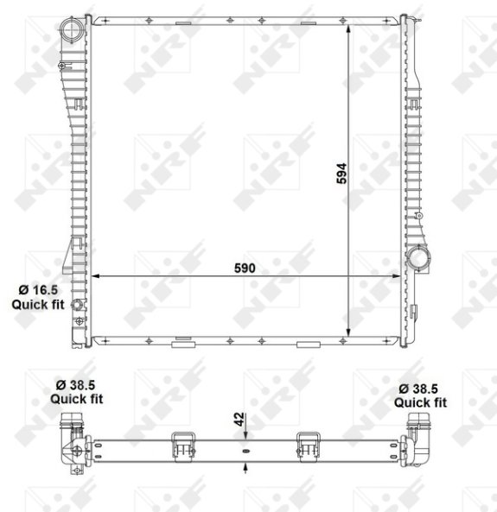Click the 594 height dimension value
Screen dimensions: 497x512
pyautogui.click(x=341, y=174)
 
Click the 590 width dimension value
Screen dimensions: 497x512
pyautogui.click(x=245, y=268)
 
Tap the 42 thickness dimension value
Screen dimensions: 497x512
pyautogui.click(x=239, y=420)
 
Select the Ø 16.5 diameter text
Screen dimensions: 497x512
pyautogui.click(x=38, y=290)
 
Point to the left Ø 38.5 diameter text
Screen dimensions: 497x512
pyautogui.click(x=75, y=385)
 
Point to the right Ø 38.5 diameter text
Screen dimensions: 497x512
pyautogui.click(x=418, y=389)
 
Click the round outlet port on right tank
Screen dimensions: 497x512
pyautogui.click(x=418, y=258)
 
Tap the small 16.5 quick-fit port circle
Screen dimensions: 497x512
pyautogui.click(x=77, y=305)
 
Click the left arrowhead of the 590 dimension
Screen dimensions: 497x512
pyautogui.click(x=95, y=276)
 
